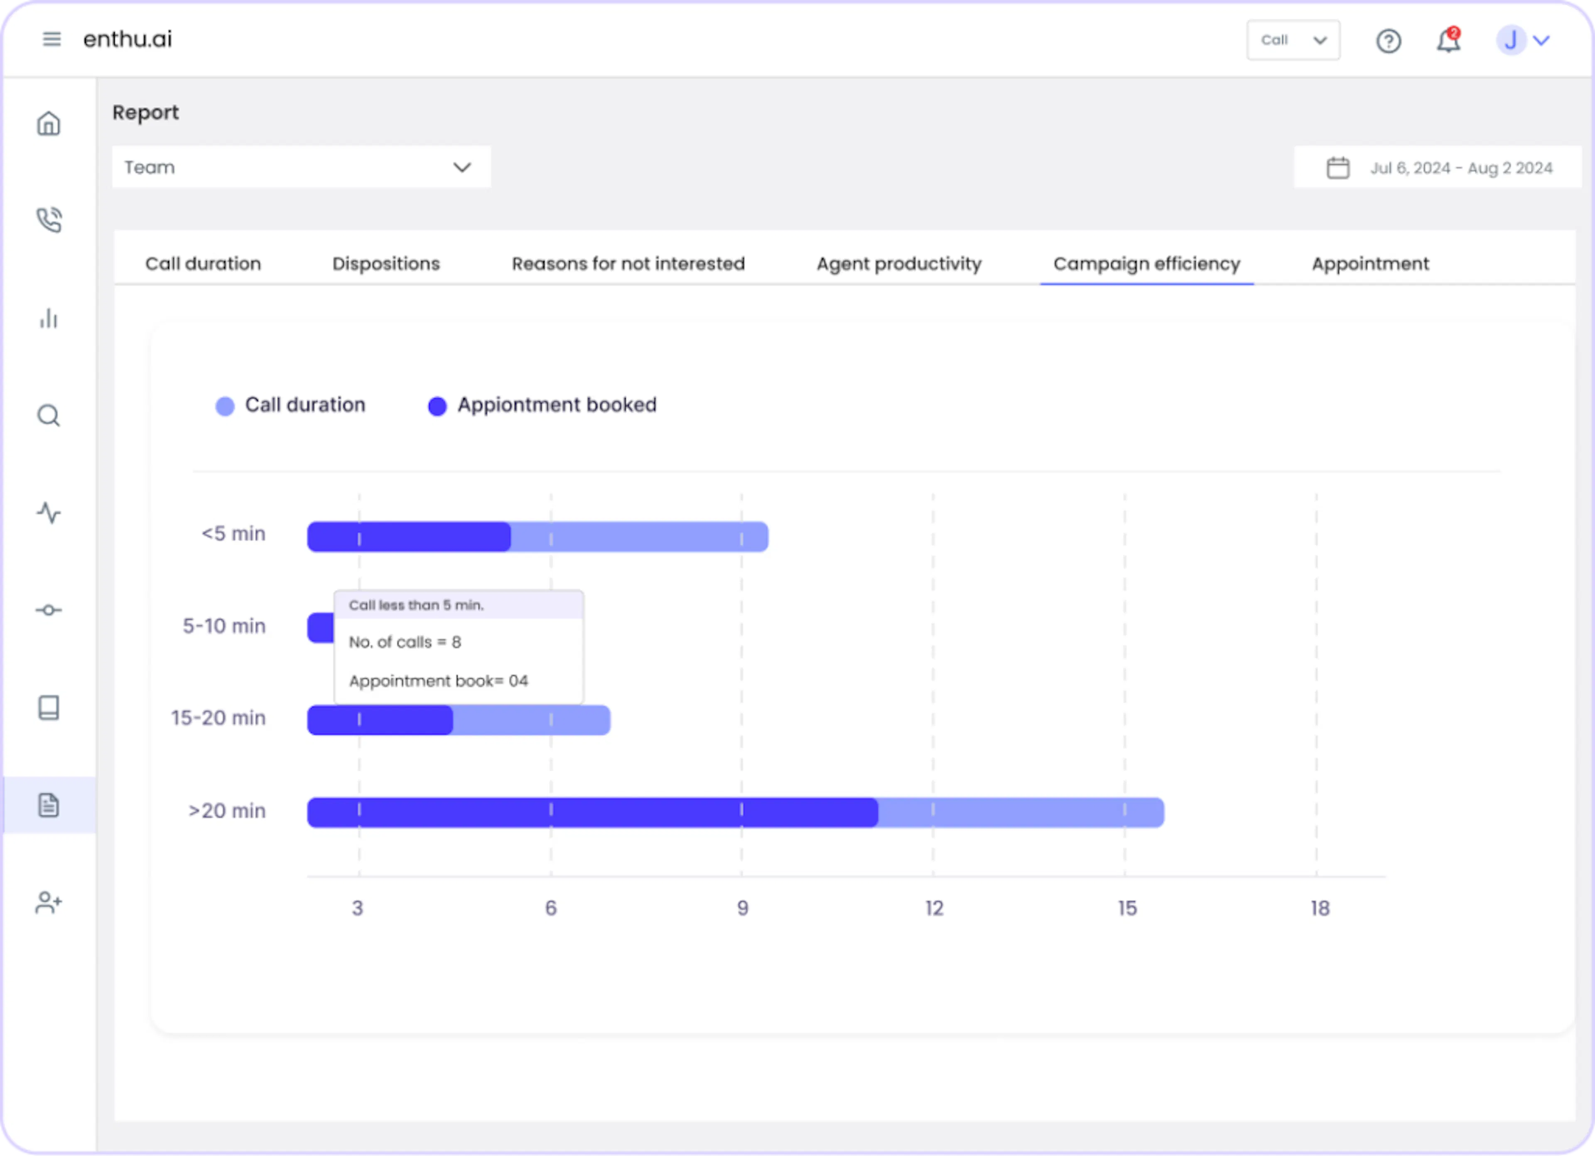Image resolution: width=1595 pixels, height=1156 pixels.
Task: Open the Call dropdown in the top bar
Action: pos(1293,40)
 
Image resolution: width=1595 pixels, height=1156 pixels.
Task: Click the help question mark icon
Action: pos(1388,41)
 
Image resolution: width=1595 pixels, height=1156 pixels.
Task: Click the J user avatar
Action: pos(1510,40)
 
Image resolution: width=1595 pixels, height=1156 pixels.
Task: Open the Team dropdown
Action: pos(301,167)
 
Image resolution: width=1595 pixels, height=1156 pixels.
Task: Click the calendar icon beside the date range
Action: pos(1337,167)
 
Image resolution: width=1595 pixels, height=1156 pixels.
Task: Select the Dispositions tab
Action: pos(386,264)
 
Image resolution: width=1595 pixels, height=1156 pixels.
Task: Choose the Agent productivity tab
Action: pos(899,264)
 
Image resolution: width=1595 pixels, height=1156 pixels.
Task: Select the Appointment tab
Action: pos(1370,264)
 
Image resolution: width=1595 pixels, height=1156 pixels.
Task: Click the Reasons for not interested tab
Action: pos(628,264)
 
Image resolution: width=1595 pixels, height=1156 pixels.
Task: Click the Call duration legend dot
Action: pos(225,406)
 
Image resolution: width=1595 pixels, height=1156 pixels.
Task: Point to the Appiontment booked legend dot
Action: pos(437,406)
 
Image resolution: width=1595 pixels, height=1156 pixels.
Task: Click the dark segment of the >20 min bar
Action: pos(593,812)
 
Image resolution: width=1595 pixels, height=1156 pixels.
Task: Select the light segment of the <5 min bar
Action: pos(639,537)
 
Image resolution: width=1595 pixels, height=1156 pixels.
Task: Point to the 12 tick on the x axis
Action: pos(934,908)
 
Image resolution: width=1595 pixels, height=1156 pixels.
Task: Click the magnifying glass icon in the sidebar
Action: pos(49,415)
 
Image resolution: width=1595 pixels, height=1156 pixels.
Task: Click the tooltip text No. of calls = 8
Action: pos(405,642)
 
